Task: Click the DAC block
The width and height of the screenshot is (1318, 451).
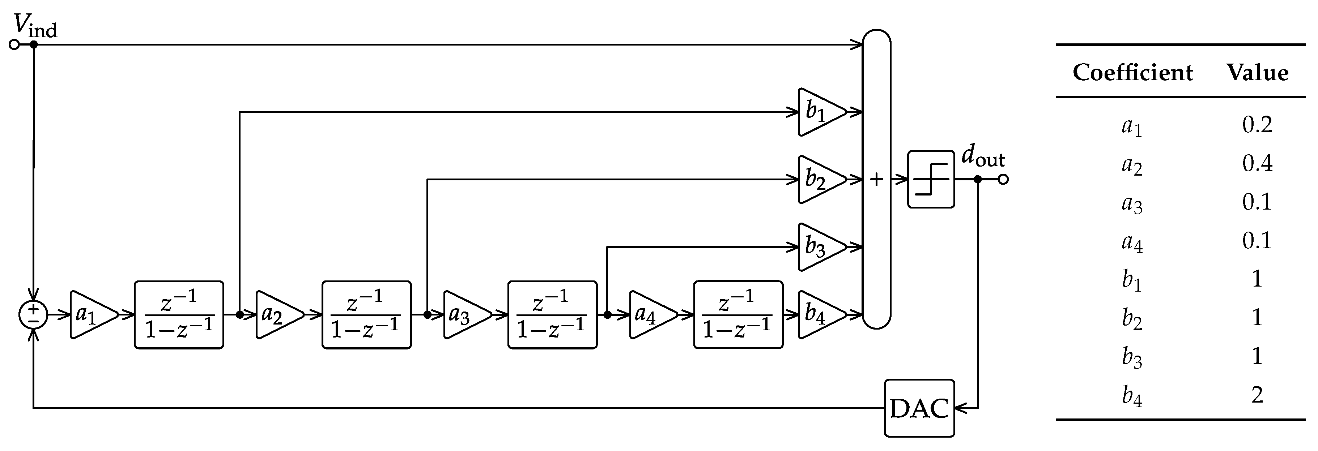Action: (x=919, y=408)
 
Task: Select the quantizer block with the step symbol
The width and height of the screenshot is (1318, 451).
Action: (x=931, y=179)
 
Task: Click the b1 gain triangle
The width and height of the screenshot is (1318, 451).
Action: (x=820, y=112)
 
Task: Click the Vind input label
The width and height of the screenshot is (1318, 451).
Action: (x=35, y=26)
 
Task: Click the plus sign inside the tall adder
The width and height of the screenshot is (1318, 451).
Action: (x=876, y=179)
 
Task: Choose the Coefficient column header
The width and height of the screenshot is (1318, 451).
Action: (x=1132, y=73)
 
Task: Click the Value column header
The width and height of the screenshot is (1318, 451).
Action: (x=1257, y=73)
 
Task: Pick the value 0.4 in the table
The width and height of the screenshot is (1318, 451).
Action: (x=1257, y=163)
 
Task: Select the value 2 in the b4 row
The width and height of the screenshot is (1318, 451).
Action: (x=1257, y=395)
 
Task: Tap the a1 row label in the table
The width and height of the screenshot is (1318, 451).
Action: (x=1132, y=126)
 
